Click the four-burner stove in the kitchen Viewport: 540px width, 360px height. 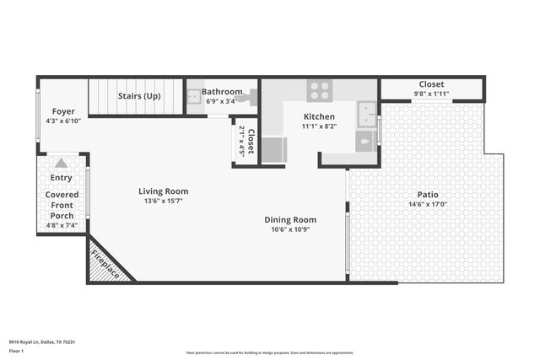(319, 90)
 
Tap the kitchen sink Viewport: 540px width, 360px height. (366, 114)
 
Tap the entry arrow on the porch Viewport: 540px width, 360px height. (61, 163)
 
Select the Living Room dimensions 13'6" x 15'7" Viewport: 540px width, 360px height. (164, 201)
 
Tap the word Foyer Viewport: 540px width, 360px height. (63, 111)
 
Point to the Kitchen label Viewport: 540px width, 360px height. (319, 116)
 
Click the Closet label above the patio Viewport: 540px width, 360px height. (432, 84)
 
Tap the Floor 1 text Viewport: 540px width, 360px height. (15, 349)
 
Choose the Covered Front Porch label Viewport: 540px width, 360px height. (62, 205)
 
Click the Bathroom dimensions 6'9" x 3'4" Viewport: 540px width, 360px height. (221, 101)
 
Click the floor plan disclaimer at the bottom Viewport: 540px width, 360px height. (268, 352)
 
